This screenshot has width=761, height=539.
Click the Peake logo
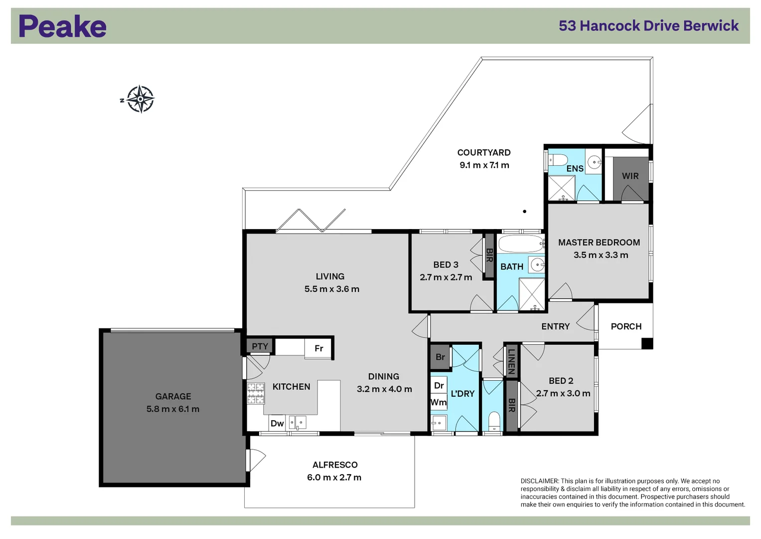[62, 26]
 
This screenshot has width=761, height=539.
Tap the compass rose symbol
[140, 99]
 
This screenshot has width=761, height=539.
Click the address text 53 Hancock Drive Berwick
[648, 26]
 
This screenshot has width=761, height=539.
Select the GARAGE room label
[173, 396]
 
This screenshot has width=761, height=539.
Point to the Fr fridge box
[319, 348]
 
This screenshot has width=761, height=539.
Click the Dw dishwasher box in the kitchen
[277, 423]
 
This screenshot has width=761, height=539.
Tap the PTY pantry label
[260, 346]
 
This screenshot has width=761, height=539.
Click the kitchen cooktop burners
[256, 393]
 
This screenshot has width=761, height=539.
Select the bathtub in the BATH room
[521, 244]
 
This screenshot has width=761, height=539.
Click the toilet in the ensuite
[558, 160]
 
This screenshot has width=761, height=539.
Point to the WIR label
[630, 176]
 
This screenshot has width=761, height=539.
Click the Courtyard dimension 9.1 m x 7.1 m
[484, 165]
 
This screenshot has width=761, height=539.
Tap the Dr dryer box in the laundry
[439, 385]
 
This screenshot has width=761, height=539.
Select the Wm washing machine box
[439, 402]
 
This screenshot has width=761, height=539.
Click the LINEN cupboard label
[511, 361]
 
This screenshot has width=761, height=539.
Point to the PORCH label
[626, 326]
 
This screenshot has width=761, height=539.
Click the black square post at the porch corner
[646, 343]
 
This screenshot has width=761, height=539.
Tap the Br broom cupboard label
[440, 357]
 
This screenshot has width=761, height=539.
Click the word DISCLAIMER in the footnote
[540, 481]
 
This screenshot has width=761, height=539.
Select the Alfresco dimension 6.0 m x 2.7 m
[334, 478]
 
